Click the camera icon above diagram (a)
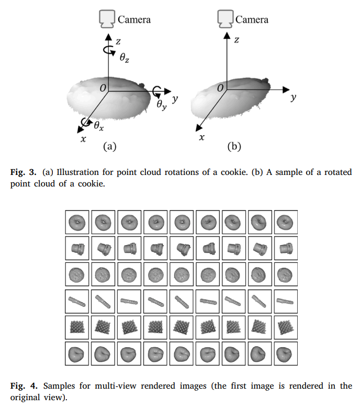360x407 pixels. tap(108, 19)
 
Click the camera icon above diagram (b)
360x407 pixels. tap(226, 19)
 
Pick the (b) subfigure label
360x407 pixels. tap(234, 147)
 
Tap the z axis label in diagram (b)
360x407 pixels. tap(237, 40)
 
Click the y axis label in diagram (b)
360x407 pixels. tap(294, 97)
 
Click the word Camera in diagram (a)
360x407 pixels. tap(134, 20)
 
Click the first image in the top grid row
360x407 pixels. tap(76, 222)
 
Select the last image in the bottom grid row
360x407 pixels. tap(286, 355)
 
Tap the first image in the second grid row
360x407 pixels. tap(76, 248)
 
